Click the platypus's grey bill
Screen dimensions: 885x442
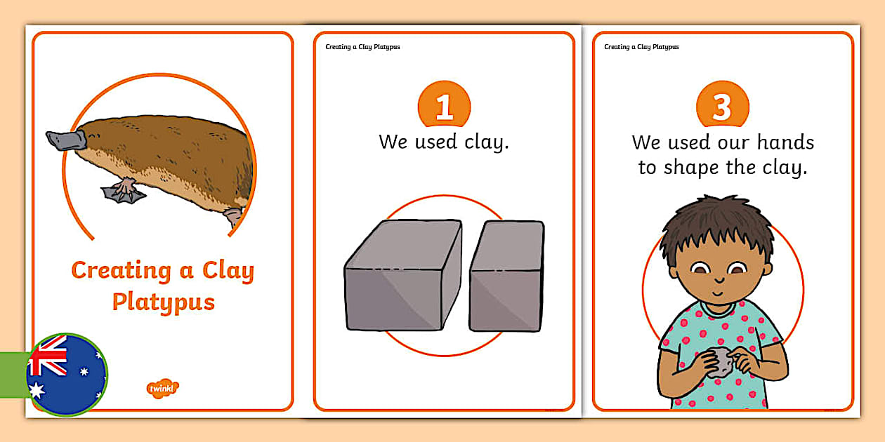pyautogui.click(x=66, y=140)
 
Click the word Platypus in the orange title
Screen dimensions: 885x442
pyautogui.click(x=163, y=303)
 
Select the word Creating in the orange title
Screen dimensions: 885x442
pyautogui.click(x=122, y=271)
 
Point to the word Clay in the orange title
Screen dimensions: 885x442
pyautogui.click(x=228, y=272)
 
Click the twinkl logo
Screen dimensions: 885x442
pyautogui.click(x=162, y=389)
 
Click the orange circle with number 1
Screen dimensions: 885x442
pyautogui.click(x=444, y=104)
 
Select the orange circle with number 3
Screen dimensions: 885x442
pyautogui.click(x=723, y=104)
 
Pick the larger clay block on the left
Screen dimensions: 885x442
pyautogui.click(x=403, y=275)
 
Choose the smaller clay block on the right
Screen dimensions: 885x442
pyautogui.click(x=507, y=276)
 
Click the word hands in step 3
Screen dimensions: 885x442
pyautogui.click(x=785, y=142)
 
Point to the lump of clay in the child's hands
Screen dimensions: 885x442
pyautogui.click(x=722, y=362)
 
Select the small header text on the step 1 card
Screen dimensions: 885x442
pyautogui.click(x=362, y=47)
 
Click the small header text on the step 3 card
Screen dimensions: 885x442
pyautogui.click(x=641, y=47)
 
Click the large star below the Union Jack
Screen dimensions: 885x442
pyautogui.click(x=37, y=390)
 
